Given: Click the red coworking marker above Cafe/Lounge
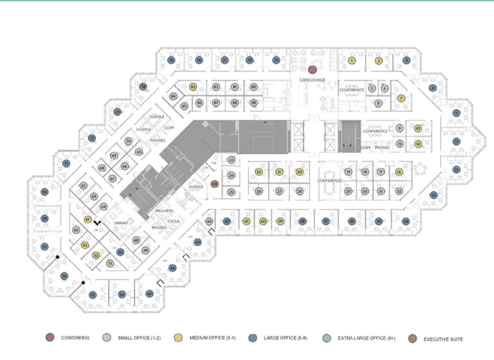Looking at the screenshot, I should click(x=312, y=70).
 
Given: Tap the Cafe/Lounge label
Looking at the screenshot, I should click(x=312, y=80).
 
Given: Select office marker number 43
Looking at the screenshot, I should click(x=214, y=184).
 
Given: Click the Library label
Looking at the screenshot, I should click(x=121, y=223).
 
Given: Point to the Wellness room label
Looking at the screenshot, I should click(x=164, y=211).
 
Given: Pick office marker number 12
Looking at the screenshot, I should click(x=456, y=141).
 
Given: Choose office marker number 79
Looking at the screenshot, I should click(x=276, y=60).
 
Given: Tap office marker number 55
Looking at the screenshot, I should click(x=93, y=295).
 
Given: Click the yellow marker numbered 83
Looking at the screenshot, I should click(x=193, y=87).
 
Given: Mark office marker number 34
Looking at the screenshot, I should click(x=405, y=221).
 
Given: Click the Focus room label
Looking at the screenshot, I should click(x=173, y=221).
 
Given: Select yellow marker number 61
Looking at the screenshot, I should click(x=88, y=220).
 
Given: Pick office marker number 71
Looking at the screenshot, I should click(x=66, y=163).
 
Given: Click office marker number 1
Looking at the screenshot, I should click(x=351, y=60).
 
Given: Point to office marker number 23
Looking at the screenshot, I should click(x=231, y=160).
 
